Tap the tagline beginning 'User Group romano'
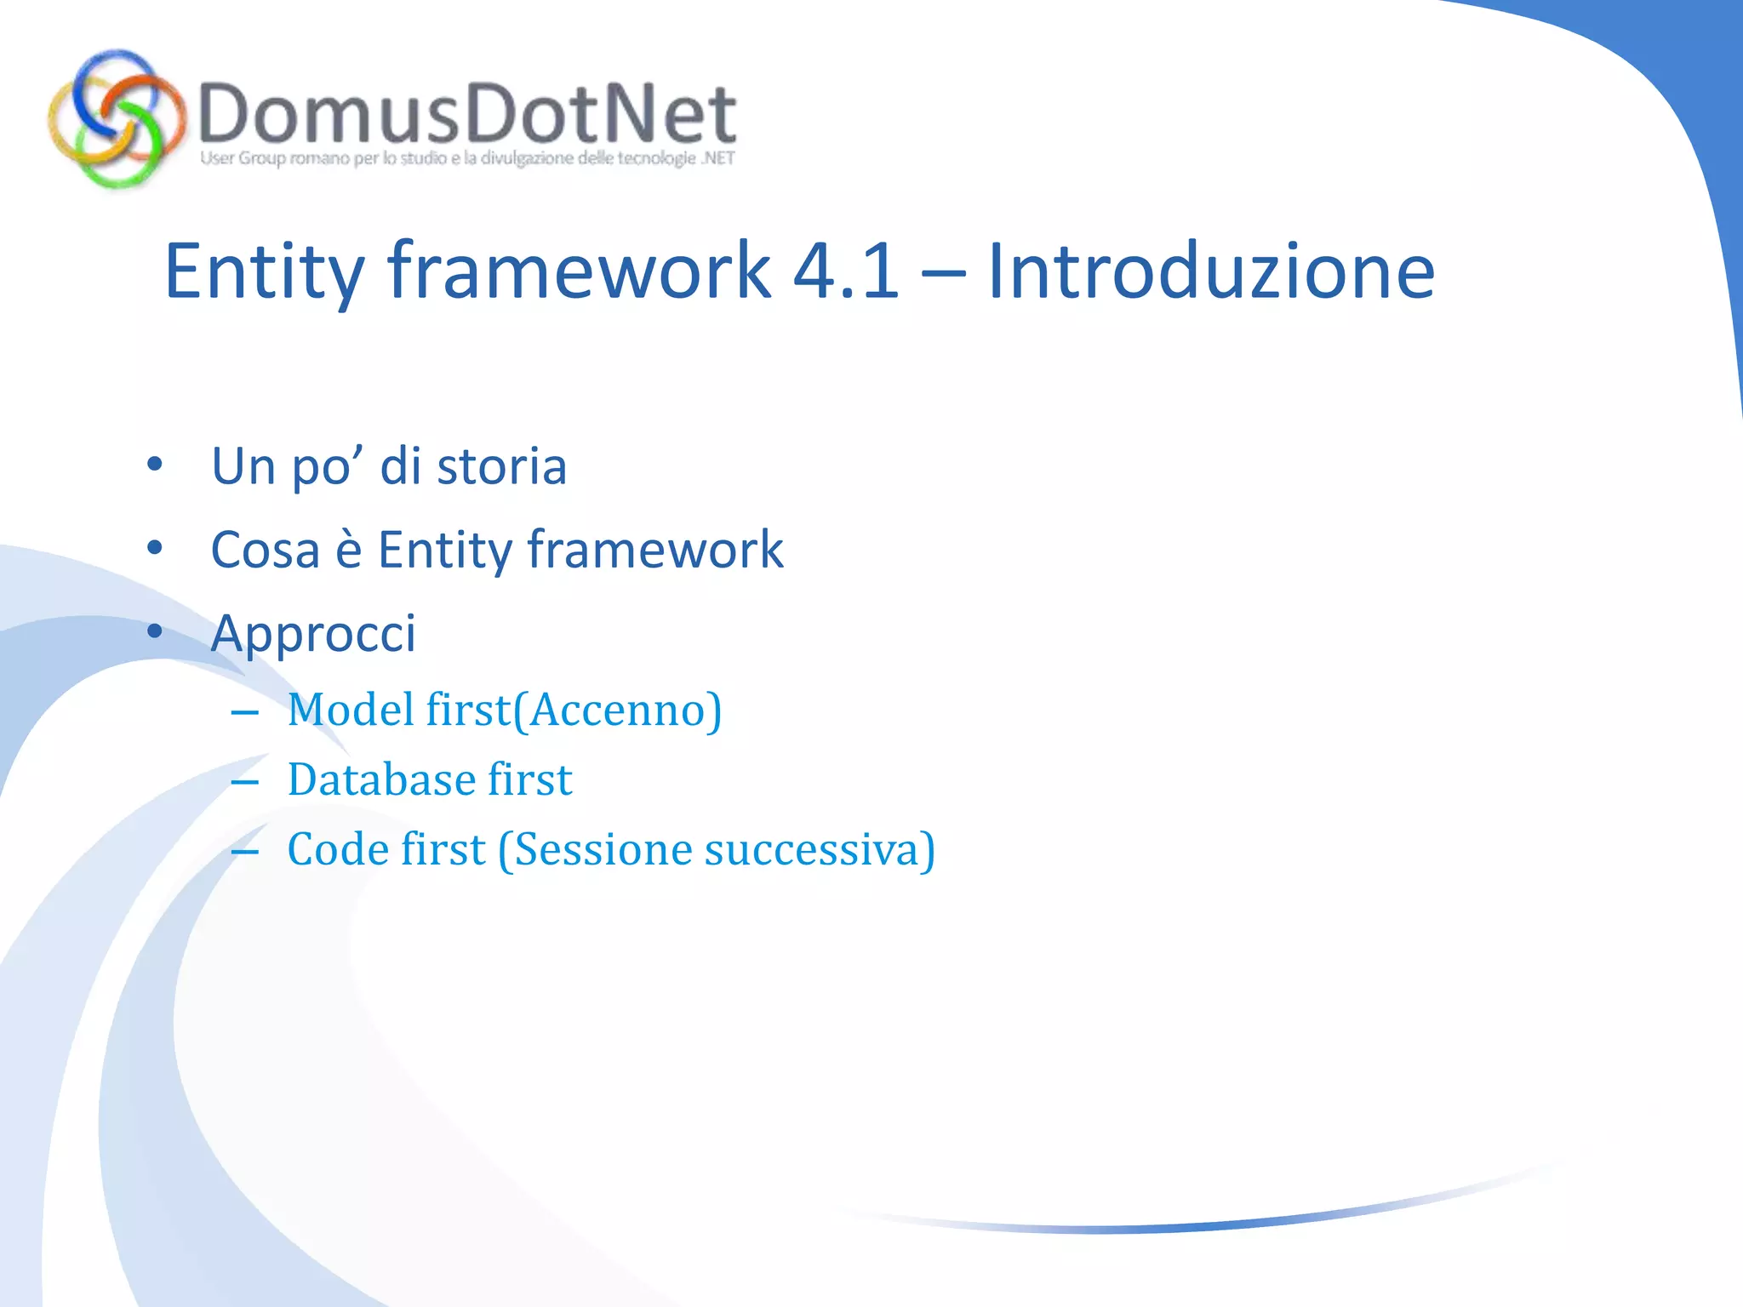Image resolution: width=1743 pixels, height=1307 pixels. (x=466, y=158)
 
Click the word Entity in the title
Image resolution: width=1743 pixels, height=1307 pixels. (x=264, y=272)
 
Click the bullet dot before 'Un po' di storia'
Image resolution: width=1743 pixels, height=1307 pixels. (x=154, y=465)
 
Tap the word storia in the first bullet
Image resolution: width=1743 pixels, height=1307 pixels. (x=501, y=466)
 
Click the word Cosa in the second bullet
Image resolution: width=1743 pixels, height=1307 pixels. (x=265, y=550)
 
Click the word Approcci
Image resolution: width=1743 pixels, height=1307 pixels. (x=313, y=634)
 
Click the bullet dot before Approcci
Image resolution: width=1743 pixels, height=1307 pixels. (x=154, y=631)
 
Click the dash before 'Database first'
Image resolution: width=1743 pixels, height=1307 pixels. (x=244, y=781)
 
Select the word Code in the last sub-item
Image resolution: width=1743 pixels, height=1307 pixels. (x=338, y=849)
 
